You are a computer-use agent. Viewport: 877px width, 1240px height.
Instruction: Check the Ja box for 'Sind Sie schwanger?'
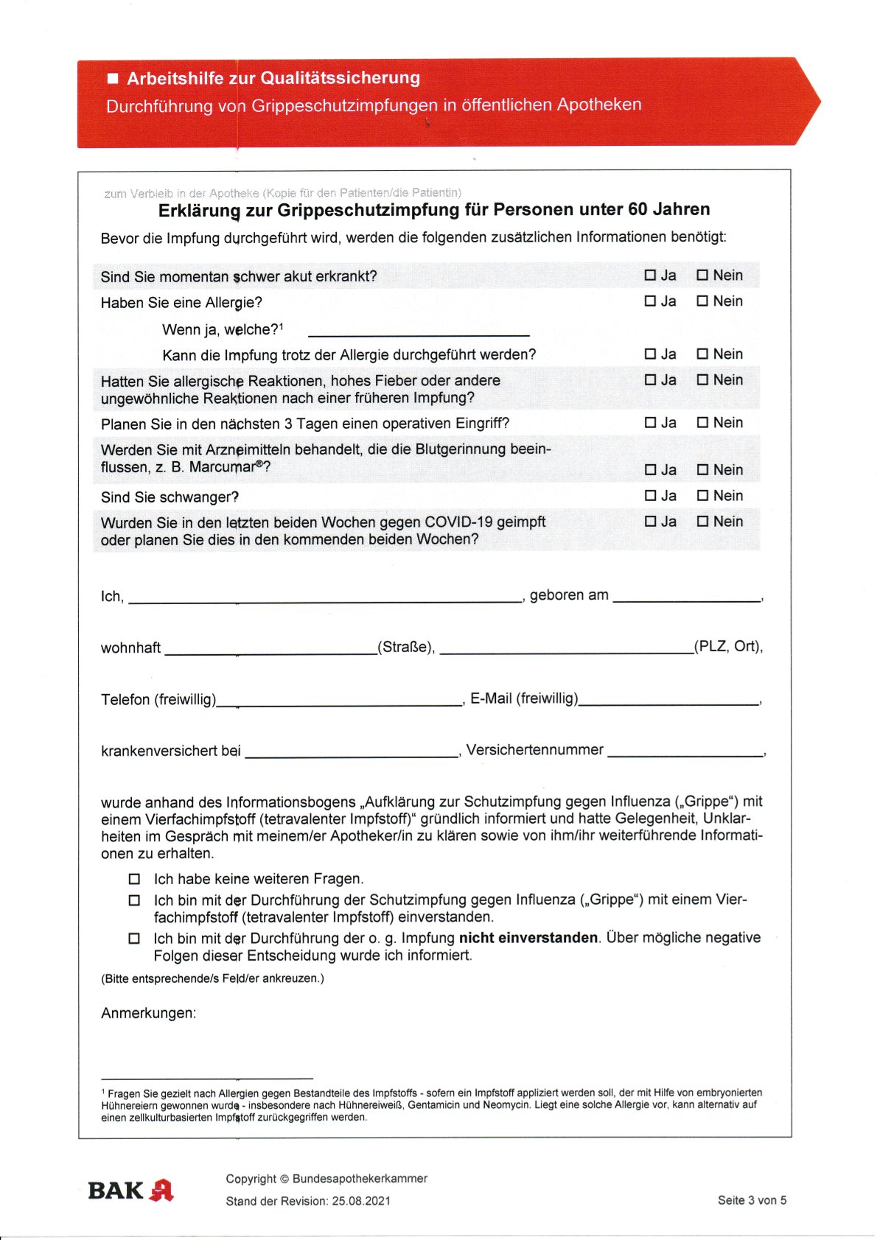tap(650, 496)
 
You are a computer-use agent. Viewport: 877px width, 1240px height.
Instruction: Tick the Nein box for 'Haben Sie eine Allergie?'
tap(702, 301)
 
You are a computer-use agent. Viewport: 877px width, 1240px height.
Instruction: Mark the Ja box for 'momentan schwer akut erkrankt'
tap(650, 275)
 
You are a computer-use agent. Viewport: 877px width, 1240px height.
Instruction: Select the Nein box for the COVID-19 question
tap(702, 522)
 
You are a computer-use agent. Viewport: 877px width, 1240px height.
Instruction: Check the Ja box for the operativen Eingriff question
tap(650, 423)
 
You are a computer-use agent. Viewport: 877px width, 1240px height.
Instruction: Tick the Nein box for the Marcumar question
tap(702, 470)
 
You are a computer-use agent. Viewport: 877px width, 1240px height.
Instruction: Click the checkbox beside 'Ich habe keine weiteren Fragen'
tap(134, 879)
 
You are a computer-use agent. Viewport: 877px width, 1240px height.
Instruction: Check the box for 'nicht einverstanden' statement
tap(134, 939)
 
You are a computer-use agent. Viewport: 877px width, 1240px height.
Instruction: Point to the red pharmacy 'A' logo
tap(161, 1190)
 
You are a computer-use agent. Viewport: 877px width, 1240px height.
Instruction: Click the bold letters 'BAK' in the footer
tap(116, 1191)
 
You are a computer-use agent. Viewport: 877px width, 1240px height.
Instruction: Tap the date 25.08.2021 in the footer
tap(361, 1201)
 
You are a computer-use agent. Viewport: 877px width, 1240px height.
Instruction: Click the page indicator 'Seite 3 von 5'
tap(752, 1200)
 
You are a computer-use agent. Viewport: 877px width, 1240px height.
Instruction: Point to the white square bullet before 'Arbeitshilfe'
tap(113, 78)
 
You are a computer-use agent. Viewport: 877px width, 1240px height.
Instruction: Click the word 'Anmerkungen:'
tap(149, 1013)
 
